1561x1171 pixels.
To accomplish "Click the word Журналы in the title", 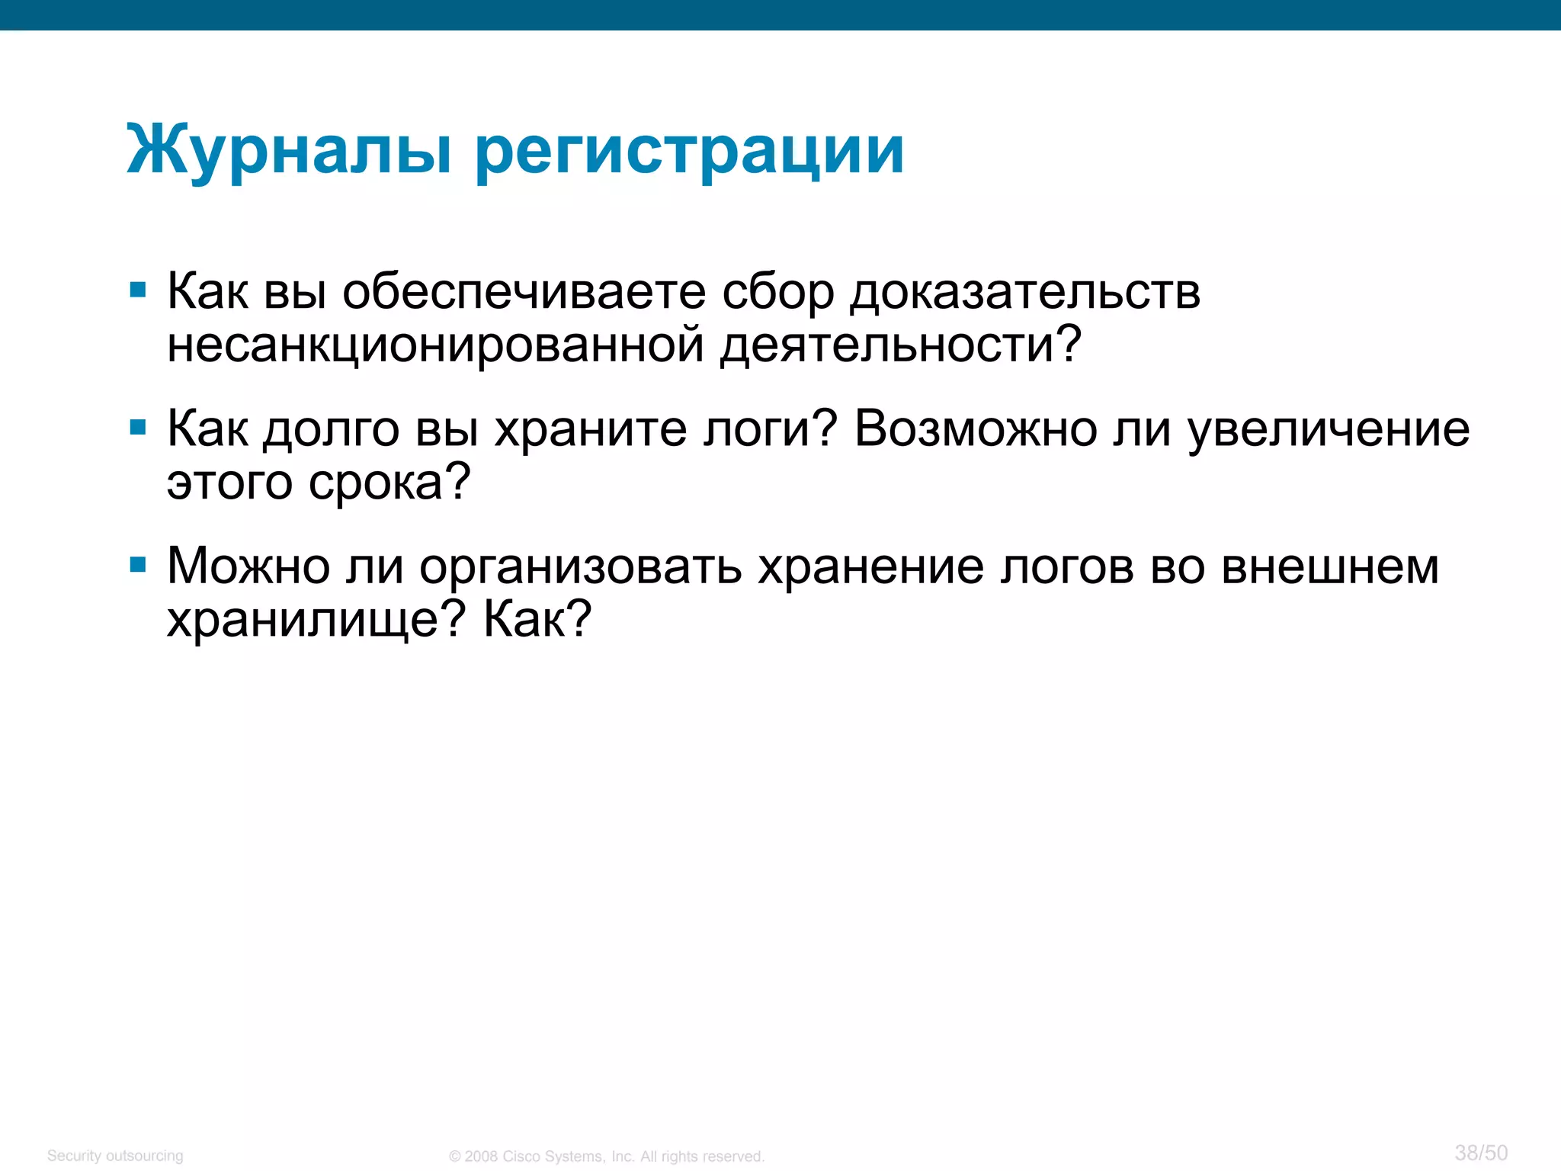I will [290, 151].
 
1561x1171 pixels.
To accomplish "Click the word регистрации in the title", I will [690, 151].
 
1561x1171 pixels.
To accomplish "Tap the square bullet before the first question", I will [138, 290].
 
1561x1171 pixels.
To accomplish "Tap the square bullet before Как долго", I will [138, 427].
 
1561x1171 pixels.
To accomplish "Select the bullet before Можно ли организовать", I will [138, 564].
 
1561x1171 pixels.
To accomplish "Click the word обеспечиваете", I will [524, 292].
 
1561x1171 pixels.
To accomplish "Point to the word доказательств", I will [1024, 294].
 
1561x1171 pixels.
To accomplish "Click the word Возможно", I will [975, 429].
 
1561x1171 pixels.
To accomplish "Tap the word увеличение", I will [1329, 429].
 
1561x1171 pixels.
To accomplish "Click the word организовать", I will [580, 568].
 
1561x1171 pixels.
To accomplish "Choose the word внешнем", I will [1330, 566].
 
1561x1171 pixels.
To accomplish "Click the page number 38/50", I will [1480, 1153].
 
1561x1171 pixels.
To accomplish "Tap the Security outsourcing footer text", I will [115, 1156].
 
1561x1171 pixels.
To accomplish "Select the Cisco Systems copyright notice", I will [606, 1157].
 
